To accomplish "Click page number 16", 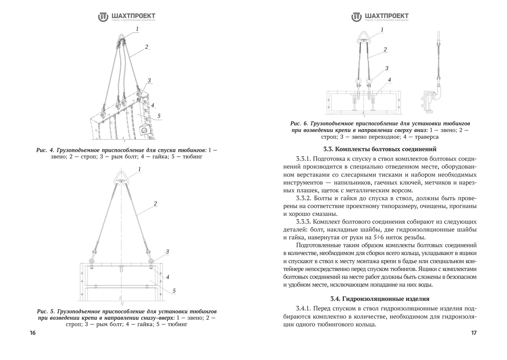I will click(33, 333).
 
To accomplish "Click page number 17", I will click(474, 333).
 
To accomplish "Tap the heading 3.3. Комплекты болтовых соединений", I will click(380, 149).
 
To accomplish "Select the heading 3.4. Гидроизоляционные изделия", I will click(380, 299).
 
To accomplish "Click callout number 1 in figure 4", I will click(137, 29).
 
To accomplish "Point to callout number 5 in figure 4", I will click(159, 116).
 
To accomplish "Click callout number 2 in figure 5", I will click(155, 203).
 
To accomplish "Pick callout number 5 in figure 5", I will click(174, 291).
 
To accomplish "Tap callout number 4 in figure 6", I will click(389, 80).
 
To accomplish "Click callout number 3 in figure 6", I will click(387, 68).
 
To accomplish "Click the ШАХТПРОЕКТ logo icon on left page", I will click(103, 17).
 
